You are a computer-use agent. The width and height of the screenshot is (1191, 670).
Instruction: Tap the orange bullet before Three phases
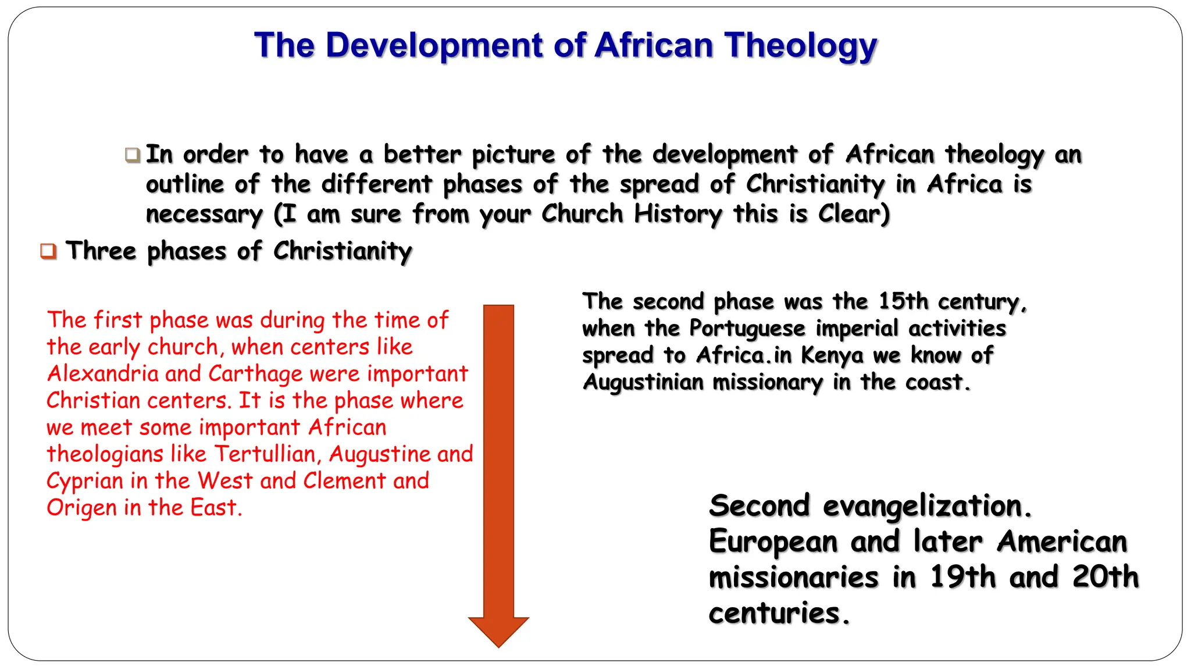coord(48,252)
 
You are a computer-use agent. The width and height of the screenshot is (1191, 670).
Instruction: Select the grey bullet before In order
coord(133,155)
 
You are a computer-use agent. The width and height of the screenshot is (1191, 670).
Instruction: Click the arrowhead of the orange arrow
coord(498,631)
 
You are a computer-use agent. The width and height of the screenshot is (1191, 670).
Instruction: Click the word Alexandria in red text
coord(102,373)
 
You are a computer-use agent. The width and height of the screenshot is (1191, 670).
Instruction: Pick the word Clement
coord(344,481)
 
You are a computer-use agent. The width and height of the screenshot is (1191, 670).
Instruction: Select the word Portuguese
coord(747,329)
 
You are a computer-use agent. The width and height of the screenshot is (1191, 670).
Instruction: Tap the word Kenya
coord(832,355)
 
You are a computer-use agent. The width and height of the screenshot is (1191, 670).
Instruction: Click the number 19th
coord(962,577)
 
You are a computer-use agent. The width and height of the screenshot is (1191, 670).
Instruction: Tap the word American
coord(1062,541)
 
